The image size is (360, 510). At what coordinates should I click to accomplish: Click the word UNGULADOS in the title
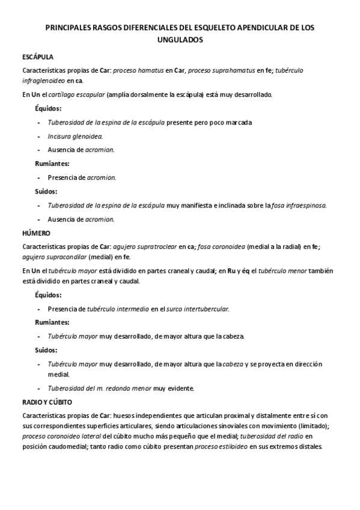tap(180, 40)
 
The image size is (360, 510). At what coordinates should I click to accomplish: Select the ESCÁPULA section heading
tap(38, 57)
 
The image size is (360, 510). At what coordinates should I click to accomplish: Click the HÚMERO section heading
tap(36, 232)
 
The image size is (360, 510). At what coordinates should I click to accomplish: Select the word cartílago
tap(63, 94)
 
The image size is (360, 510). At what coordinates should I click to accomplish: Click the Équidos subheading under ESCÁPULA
tap(47, 108)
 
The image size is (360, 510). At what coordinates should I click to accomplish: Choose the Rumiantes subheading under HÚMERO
tap(52, 322)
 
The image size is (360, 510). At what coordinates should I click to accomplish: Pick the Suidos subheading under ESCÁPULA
tap(46, 191)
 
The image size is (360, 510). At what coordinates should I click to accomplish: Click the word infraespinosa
tap(310, 205)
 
